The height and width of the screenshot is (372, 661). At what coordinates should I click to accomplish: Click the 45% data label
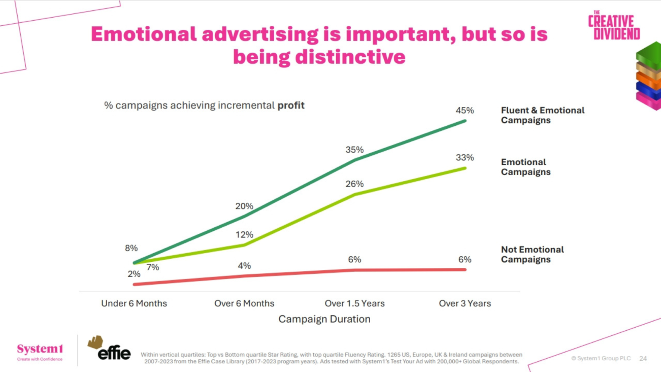pos(465,111)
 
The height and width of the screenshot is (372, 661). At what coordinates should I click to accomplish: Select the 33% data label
pos(465,158)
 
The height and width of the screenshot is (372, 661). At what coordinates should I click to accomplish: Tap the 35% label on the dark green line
pos(355,150)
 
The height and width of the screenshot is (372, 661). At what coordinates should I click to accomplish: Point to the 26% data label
pos(355,184)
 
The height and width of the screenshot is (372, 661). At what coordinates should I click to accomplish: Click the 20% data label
pos(244,206)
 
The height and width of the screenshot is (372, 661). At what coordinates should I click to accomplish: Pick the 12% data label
pos(244,235)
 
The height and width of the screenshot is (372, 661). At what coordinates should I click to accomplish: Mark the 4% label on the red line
pos(244,266)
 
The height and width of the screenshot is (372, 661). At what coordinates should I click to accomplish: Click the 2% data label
pos(134,274)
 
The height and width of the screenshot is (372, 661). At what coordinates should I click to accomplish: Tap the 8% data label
pos(131,248)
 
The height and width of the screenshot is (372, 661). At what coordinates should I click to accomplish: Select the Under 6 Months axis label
pos(134,304)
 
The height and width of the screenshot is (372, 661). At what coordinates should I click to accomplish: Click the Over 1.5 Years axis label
pos(355,304)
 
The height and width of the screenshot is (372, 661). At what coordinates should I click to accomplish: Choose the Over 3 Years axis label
pos(465,304)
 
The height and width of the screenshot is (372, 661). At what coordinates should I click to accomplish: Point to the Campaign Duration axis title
pos(324,319)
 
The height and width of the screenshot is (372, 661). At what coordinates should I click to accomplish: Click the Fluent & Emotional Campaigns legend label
pos(542,115)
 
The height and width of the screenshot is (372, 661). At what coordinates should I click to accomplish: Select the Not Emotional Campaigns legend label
pos(532,254)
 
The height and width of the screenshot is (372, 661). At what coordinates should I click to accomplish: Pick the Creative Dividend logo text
pos(614,26)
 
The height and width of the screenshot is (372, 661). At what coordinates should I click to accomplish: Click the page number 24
pos(643,358)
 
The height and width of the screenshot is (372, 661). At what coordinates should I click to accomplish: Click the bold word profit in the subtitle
pos(291,105)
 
